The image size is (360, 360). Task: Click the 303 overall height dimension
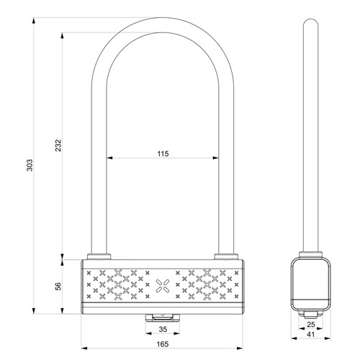[x=30, y=165]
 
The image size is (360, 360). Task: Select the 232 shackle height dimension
[x=58, y=145]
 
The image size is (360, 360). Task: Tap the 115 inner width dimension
[x=163, y=153]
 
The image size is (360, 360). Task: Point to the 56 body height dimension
[x=58, y=287]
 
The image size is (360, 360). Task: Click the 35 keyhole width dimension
[x=163, y=329]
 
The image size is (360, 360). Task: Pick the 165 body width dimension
[x=163, y=344]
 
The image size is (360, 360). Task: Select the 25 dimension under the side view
[x=311, y=325]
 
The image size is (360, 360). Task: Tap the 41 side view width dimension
[x=311, y=334]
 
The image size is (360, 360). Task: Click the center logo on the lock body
[x=163, y=286]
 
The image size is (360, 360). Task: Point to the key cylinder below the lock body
[x=163, y=318]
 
